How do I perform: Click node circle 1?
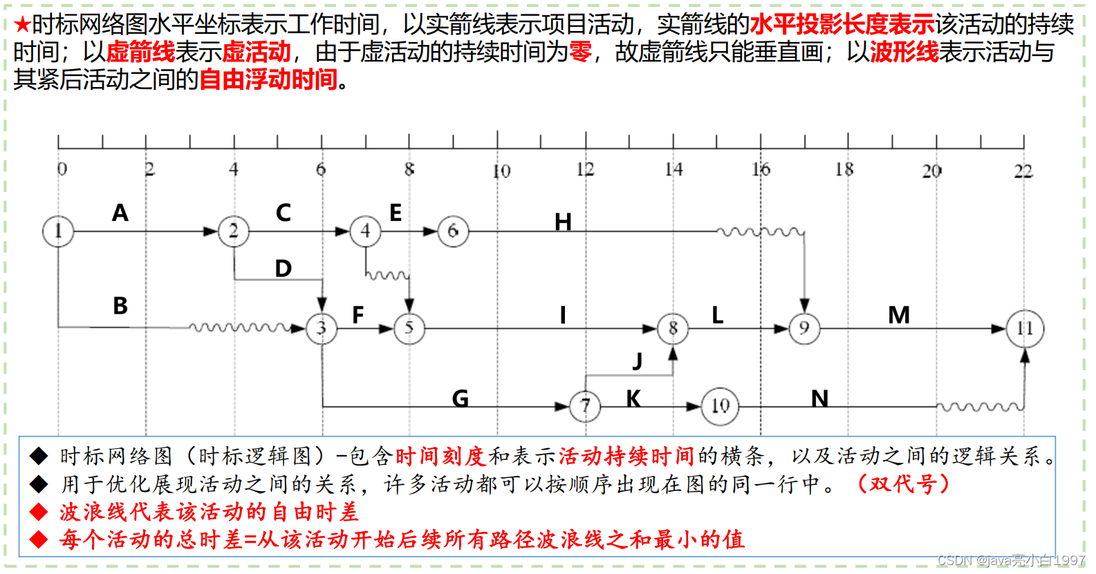(58, 231)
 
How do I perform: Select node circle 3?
(322, 328)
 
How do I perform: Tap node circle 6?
(453, 231)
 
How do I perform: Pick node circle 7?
(585, 406)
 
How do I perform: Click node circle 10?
(720, 406)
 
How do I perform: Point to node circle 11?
(1025, 328)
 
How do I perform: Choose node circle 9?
(804, 328)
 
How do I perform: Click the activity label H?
(563, 222)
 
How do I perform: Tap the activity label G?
(460, 399)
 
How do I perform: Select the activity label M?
(899, 315)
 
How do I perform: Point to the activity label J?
(638, 360)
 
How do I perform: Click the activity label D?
(283, 268)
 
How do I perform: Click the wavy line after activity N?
(979, 407)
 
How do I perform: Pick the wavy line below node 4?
(388, 276)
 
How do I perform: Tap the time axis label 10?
(501, 171)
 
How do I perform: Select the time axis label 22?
(1023, 171)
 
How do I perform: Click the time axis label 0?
(62, 169)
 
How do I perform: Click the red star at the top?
(22, 25)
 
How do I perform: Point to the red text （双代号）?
(903, 484)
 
